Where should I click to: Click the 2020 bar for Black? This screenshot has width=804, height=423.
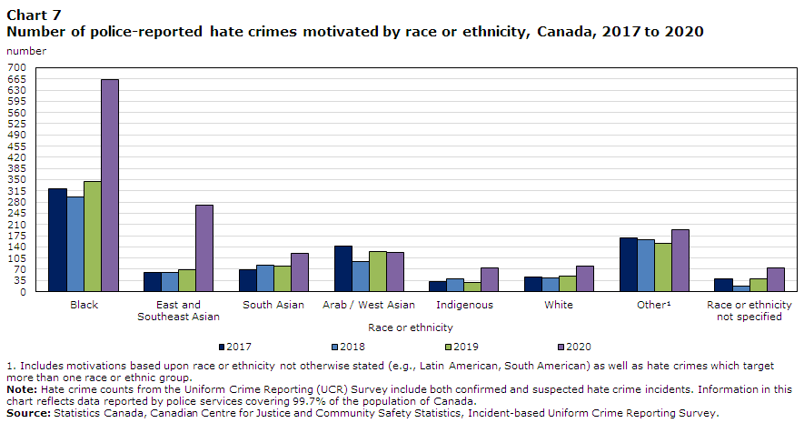click(x=110, y=186)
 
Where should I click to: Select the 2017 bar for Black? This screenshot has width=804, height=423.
click(x=58, y=240)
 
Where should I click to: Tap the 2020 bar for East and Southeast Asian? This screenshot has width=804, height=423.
click(x=204, y=248)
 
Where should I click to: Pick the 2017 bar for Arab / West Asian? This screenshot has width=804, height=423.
click(x=343, y=268)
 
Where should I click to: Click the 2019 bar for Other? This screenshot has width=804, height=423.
click(x=663, y=267)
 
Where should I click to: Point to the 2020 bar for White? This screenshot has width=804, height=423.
click(x=585, y=278)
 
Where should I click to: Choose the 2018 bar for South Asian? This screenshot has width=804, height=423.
click(x=265, y=278)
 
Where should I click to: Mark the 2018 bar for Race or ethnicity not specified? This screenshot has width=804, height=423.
click(x=741, y=288)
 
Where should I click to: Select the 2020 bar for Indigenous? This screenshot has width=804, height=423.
click(x=490, y=280)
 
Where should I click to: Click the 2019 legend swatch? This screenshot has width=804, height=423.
click(x=449, y=347)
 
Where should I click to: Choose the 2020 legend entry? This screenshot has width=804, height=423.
click(x=574, y=347)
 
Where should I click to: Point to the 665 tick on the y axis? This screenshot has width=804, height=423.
click(x=17, y=79)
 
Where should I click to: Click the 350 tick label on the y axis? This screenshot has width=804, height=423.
click(x=17, y=180)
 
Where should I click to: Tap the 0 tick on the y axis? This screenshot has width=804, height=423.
click(x=23, y=292)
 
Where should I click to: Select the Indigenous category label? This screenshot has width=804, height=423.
click(x=464, y=305)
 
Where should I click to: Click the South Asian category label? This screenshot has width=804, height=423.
click(x=273, y=305)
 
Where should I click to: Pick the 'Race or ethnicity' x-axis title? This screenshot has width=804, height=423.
click(x=411, y=327)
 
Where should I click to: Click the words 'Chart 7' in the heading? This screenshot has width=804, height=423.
click(x=34, y=15)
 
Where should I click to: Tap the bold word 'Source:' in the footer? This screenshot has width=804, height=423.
click(x=29, y=413)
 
